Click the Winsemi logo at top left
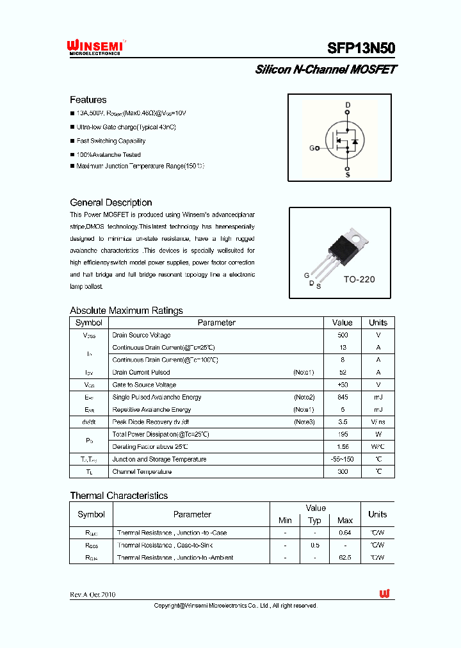[97, 47]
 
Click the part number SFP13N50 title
[361, 48]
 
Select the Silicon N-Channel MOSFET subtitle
[325, 69]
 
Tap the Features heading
[88, 100]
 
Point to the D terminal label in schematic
[348, 104]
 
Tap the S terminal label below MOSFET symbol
[348, 174]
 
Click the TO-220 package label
[359, 279]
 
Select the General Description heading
[111, 202]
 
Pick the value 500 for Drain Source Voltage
[343, 335]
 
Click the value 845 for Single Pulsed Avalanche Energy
[343, 397]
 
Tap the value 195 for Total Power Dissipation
[343, 434]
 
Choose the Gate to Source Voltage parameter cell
[144, 385]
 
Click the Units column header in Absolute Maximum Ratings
[378, 323]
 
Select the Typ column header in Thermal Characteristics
[314, 521]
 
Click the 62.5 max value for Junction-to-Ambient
[345, 558]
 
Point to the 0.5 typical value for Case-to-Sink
[314, 545]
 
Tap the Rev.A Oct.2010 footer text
[93, 594]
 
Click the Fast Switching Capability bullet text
[111, 141]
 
